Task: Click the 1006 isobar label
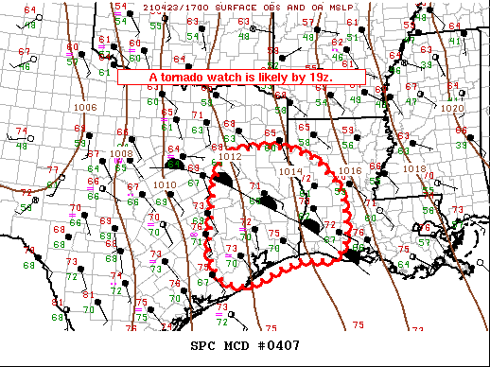[x=84, y=108]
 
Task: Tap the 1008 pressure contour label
[x=120, y=153]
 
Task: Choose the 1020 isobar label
[x=453, y=108]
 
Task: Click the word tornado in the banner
[x=181, y=77]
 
